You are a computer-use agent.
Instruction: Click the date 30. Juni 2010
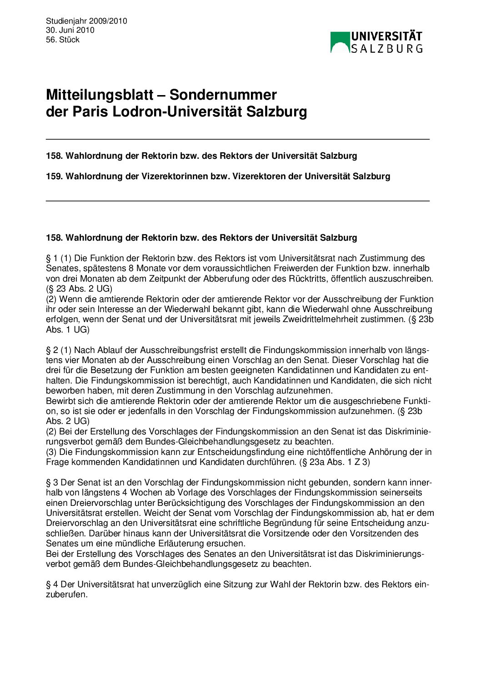pyautogui.click(x=70, y=30)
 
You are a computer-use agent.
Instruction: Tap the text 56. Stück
pyautogui.click(x=63, y=40)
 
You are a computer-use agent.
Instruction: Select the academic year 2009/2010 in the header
pyautogui.click(x=109, y=21)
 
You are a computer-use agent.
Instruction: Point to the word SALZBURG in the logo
pyautogui.click(x=387, y=48)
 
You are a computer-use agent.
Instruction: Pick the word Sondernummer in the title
pyautogui.click(x=223, y=95)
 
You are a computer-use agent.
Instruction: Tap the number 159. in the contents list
pyautogui.click(x=54, y=176)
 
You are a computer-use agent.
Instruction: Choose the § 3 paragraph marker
pyautogui.click(x=52, y=482)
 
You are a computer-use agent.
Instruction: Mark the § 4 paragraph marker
pyautogui.click(x=52, y=584)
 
